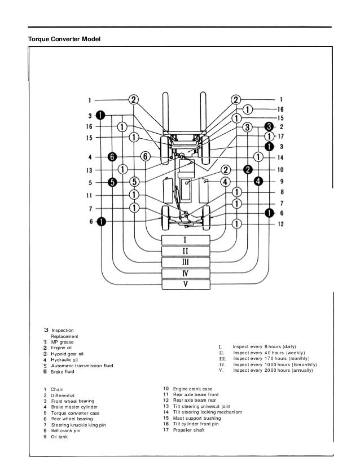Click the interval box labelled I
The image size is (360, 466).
point(186,240)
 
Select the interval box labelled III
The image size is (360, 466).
point(186,262)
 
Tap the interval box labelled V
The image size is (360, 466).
point(186,284)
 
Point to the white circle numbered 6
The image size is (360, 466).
point(146,156)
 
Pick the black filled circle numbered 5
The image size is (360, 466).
point(112,182)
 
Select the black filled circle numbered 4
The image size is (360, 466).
point(258,181)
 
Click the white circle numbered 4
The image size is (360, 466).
point(225,182)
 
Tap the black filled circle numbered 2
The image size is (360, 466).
point(248,170)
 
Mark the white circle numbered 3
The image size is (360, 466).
point(247,127)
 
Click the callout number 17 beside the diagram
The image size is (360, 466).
point(280,137)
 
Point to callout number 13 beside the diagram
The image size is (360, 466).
point(89,170)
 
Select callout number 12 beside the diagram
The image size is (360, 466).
point(280,224)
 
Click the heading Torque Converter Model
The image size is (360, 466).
point(64,39)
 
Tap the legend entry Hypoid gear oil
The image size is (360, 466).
point(67,354)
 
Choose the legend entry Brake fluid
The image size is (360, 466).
point(63,371)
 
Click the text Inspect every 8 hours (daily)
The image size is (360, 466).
point(264,346)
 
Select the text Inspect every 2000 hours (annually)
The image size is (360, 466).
point(273,370)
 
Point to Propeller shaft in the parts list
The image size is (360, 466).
point(189,430)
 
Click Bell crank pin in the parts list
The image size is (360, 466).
point(65,430)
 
